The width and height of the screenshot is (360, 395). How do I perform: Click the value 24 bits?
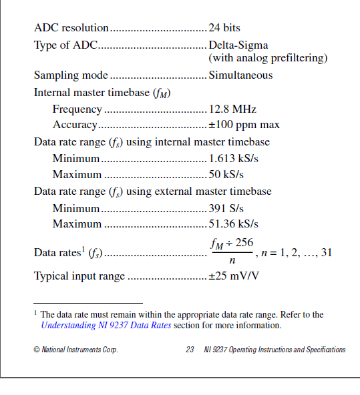click(x=224, y=28)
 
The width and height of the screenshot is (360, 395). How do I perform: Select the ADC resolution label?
click(x=71, y=28)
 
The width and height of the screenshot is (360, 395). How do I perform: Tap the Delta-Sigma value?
click(x=238, y=45)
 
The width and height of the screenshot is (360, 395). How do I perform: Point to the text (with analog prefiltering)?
click(x=268, y=58)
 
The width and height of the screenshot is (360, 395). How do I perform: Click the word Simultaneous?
click(x=240, y=75)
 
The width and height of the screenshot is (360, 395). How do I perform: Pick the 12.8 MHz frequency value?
click(x=232, y=109)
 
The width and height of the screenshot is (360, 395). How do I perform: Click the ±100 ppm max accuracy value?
click(x=244, y=125)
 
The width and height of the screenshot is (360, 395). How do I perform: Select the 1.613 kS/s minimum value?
click(x=233, y=159)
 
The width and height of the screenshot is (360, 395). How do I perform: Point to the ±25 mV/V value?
click(x=234, y=276)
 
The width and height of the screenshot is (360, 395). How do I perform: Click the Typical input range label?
click(x=79, y=276)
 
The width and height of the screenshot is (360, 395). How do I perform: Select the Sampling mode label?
click(x=70, y=75)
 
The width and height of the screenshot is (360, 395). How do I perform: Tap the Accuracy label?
click(x=75, y=125)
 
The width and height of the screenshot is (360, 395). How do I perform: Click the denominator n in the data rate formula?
click(x=232, y=261)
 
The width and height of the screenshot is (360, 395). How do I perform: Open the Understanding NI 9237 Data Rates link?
click(x=106, y=326)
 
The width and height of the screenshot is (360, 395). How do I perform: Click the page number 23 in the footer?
click(x=190, y=350)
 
